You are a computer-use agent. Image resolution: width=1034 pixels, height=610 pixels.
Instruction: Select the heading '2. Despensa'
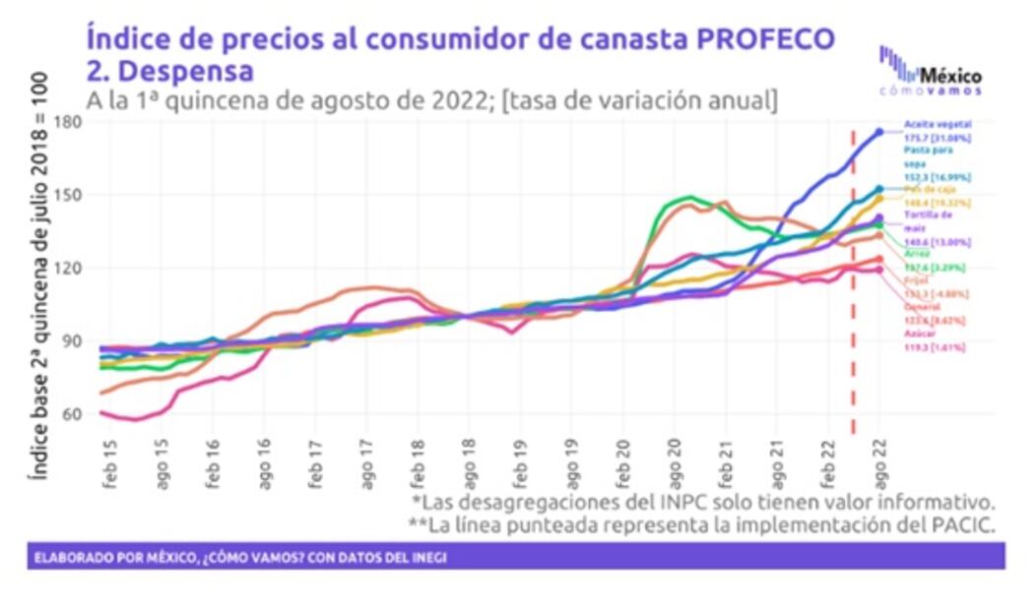pos(169,71)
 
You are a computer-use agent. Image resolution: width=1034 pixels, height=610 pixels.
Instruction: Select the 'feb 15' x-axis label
pos(110,460)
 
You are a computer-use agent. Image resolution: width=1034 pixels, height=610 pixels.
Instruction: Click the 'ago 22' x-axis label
pos(879,460)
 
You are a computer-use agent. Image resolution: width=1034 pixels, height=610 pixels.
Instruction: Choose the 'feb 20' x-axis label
pos(623,460)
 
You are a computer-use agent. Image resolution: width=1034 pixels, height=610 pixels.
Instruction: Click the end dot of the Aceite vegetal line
pos(879,131)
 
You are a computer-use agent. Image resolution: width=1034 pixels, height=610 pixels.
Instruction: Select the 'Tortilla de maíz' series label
pos(926,220)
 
